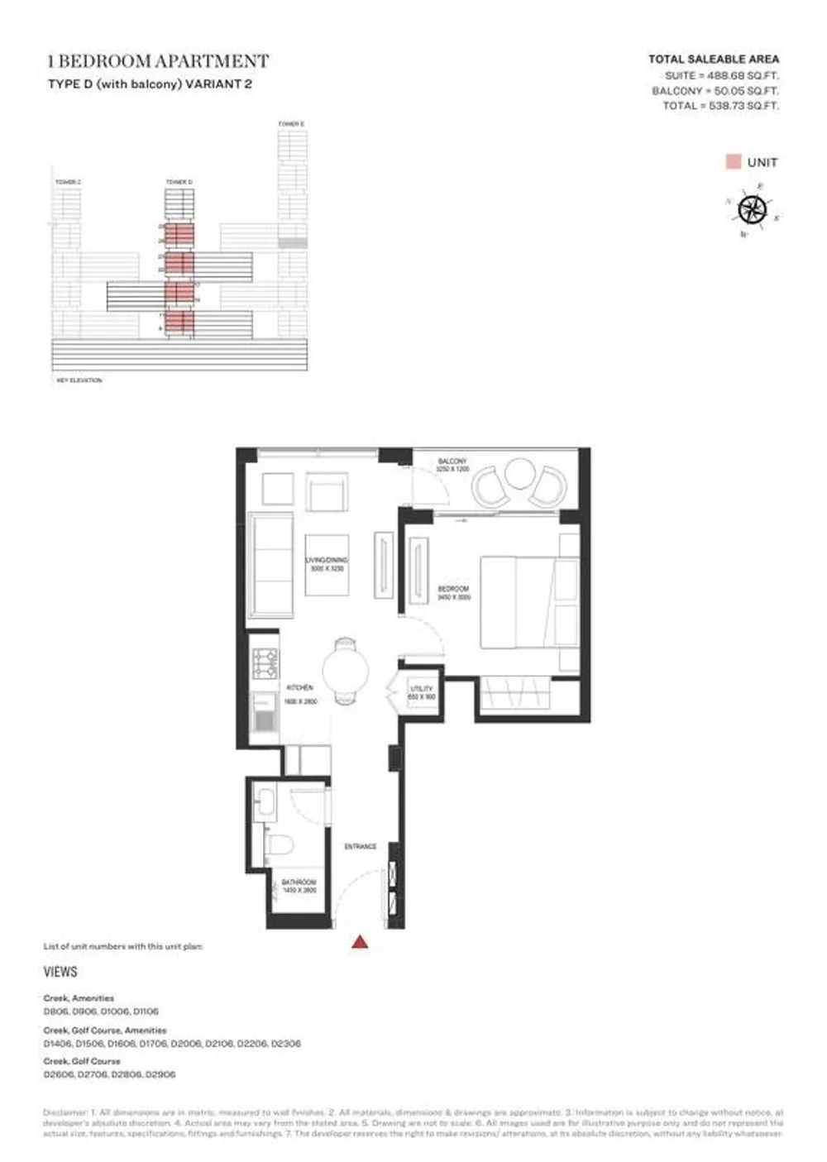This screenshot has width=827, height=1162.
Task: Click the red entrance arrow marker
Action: [360, 941]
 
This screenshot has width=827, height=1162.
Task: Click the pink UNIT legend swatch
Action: [733, 162]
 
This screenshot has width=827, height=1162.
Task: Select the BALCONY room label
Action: [452, 461]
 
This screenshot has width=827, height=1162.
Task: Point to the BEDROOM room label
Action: [453, 589]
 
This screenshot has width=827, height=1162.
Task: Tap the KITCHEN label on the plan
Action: [299, 688]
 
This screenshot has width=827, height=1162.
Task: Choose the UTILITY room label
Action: [422, 689]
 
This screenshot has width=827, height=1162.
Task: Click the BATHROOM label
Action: [299, 882]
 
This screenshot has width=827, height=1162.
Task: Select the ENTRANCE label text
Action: [361, 847]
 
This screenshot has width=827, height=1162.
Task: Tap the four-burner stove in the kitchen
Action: [265, 663]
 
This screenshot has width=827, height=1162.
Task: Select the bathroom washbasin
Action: [266, 802]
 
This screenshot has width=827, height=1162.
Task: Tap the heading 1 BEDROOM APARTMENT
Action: [158, 61]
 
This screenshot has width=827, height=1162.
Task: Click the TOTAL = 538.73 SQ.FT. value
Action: [720, 106]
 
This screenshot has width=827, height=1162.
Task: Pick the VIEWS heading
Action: [60, 972]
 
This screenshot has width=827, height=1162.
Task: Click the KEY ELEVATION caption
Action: [79, 380]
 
